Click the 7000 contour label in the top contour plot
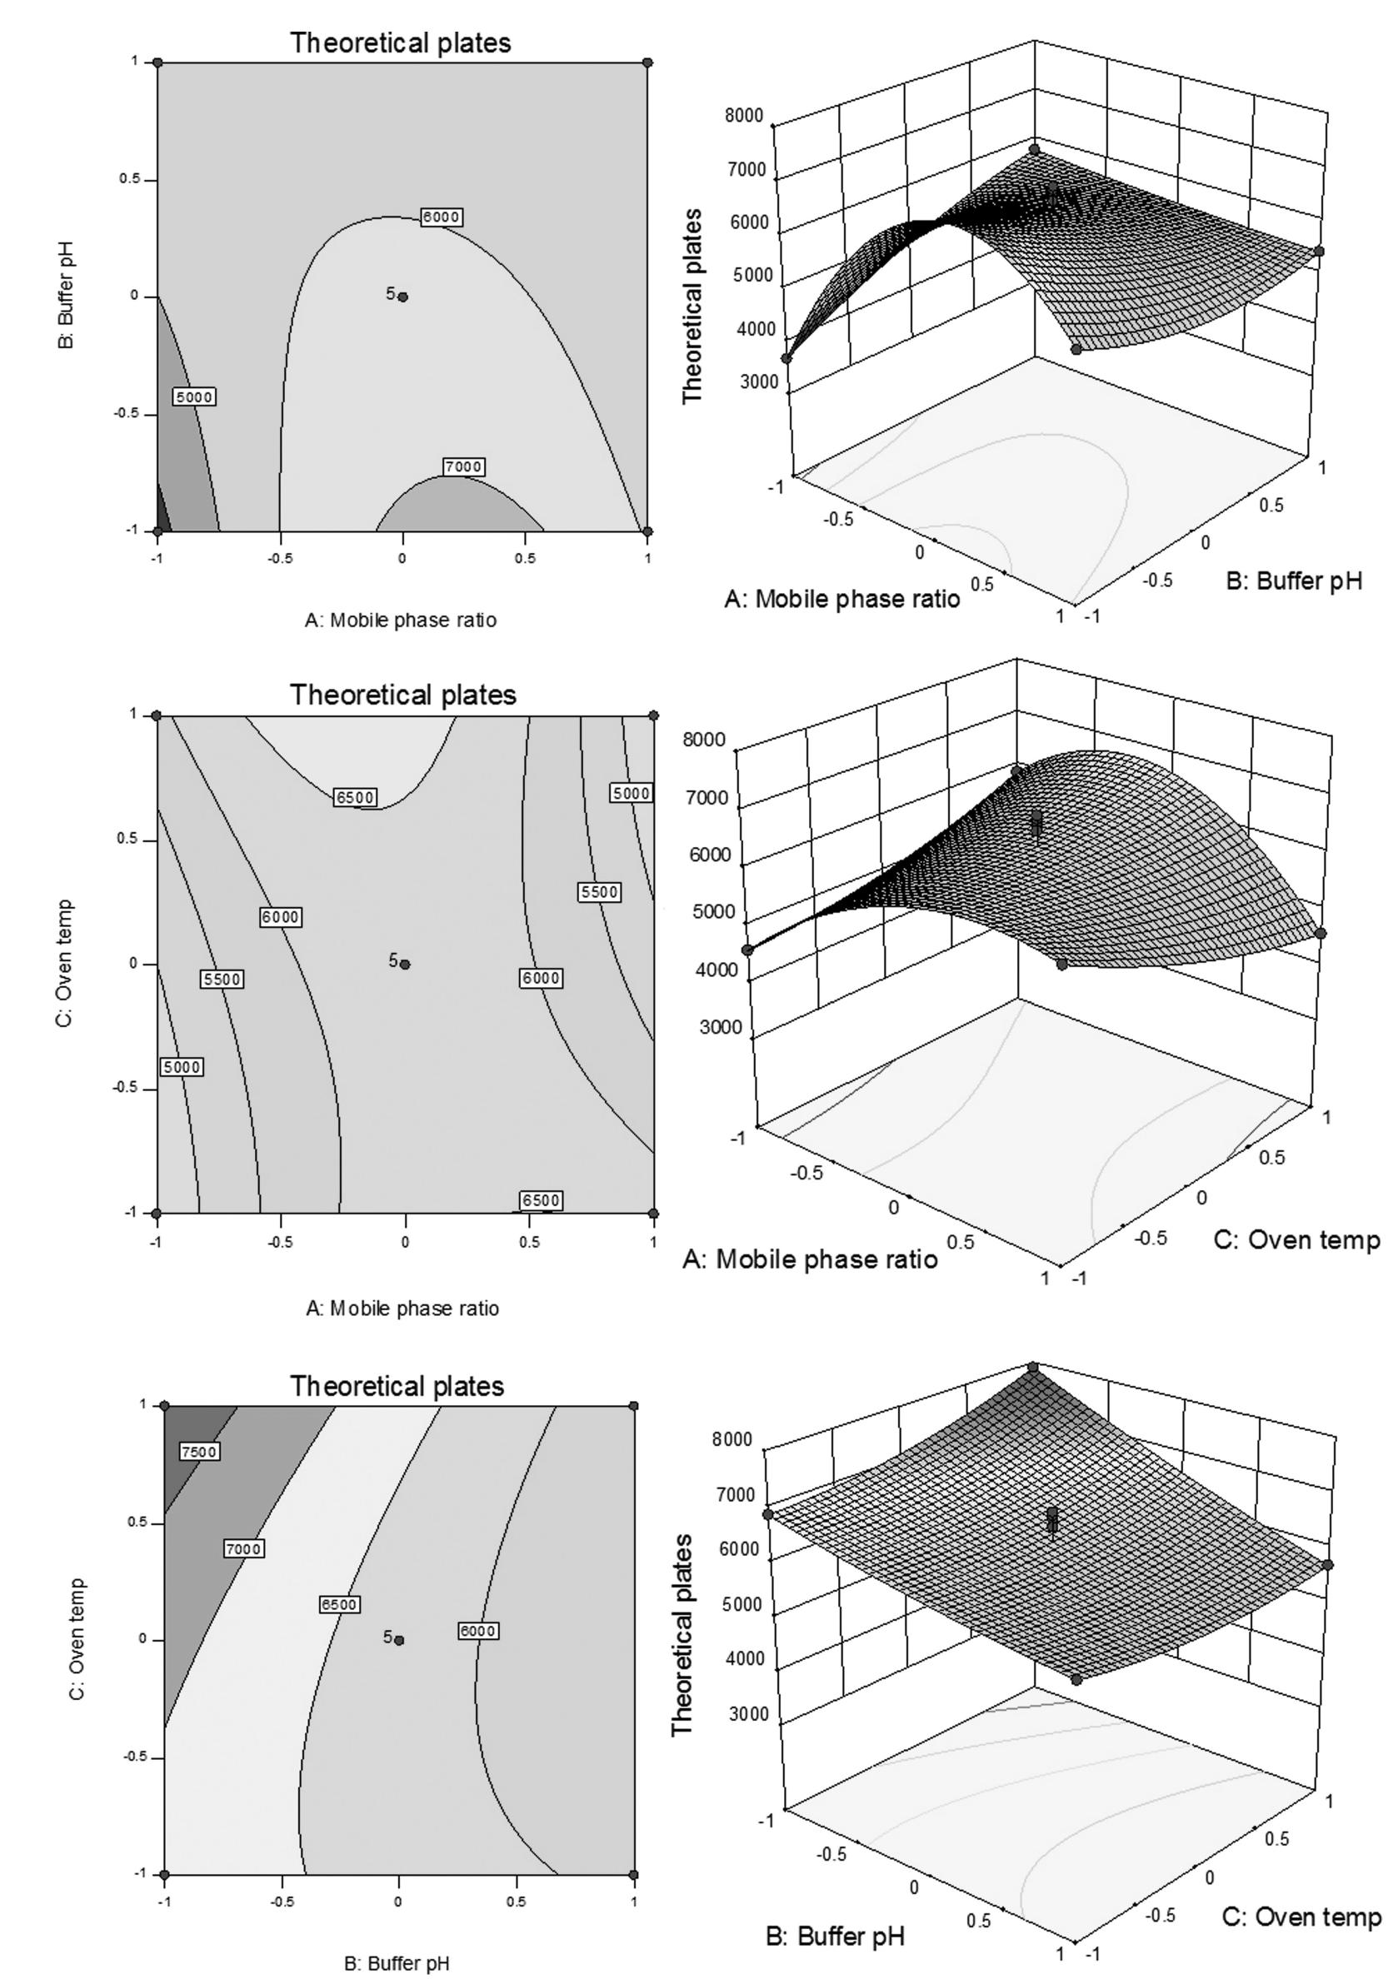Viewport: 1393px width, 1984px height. [x=463, y=466]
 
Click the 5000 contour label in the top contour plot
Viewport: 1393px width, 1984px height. [x=193, y=396]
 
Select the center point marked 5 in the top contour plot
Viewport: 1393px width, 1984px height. [x=402, y=297]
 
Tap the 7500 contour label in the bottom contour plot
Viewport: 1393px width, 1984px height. [x=198, y=1452]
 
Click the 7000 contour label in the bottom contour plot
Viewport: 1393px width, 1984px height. [x=243, y=1549]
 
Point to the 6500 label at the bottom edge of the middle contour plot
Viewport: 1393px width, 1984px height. [x=541, y=1200]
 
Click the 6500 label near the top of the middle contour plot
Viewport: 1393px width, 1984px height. [x=355, y=798]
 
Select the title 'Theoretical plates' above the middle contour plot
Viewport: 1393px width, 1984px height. [x=402, y=695]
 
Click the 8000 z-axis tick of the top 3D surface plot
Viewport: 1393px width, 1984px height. [x=746, y=117]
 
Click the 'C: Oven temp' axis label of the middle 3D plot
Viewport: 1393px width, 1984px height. [x=1297, y=1240]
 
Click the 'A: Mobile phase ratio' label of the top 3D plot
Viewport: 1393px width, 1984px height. [x=841, y=599]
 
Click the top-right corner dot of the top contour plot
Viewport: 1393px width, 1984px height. [x=647, y=62]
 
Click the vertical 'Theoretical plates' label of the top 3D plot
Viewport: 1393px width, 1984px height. [x=692, y=306]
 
